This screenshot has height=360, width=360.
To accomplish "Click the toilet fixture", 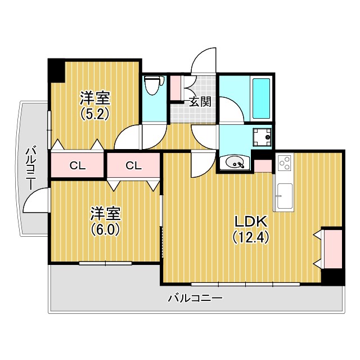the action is pos(154,85).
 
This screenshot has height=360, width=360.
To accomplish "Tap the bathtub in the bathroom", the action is pos(261,98).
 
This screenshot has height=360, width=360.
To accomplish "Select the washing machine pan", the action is pos(262,137).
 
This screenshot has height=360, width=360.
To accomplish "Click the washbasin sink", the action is pos(234,163).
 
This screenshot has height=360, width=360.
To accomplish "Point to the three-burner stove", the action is pos(286,163).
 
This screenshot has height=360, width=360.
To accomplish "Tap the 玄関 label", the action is pos(200,102).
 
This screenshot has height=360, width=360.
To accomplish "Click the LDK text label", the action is pos(250,222).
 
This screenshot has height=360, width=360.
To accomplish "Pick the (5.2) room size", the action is pos(94,114).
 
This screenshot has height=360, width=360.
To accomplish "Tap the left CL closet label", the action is pos(78,165).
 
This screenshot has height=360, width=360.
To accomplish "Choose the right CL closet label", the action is pos(134,165).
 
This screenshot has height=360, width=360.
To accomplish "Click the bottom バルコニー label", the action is pos(195,298).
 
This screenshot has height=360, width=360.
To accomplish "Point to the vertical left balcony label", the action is pos(30,169).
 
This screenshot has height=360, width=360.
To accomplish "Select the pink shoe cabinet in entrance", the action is pos(175,88).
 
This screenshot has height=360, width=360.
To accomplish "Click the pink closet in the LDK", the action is pos(332,249).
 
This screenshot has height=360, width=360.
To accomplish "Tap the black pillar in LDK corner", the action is pos(332,277).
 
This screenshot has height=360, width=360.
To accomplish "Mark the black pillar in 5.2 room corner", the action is pos(56,70).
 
